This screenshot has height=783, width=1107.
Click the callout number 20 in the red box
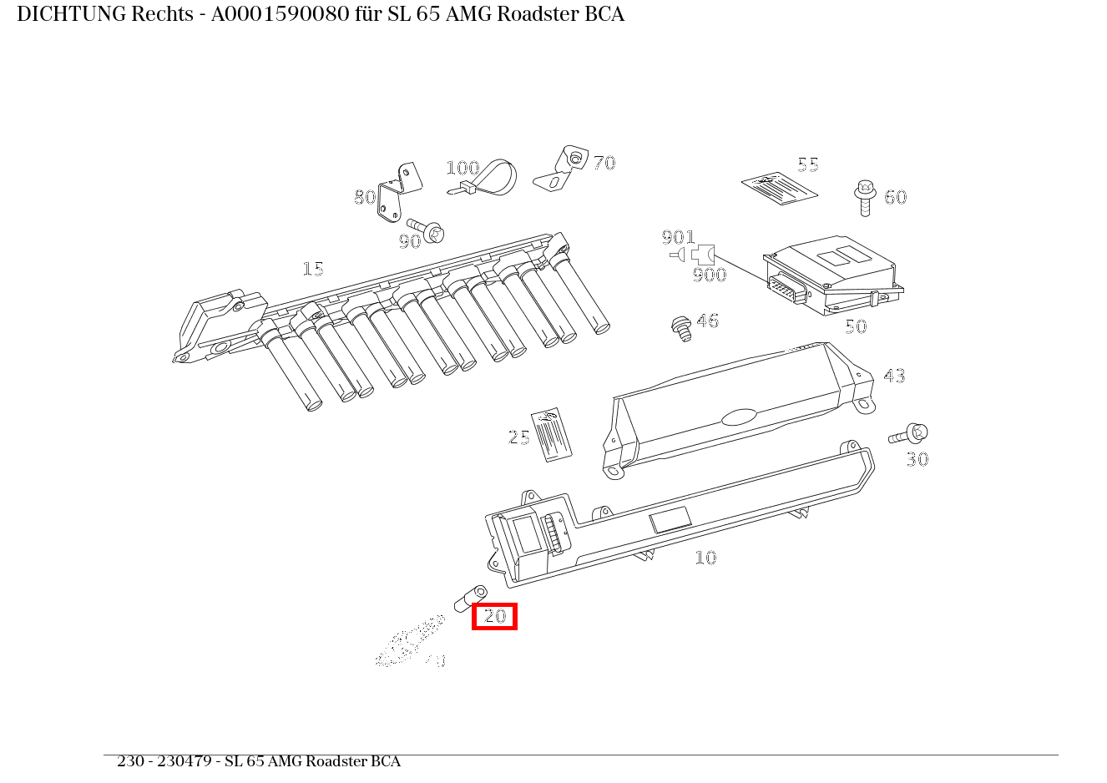pos(495,616)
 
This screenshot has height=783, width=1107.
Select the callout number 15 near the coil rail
pos(313,269)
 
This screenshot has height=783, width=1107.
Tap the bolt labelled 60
pos(865,198)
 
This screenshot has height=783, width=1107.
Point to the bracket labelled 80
pos(395,196)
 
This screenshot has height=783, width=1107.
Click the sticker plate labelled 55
pos(779,189)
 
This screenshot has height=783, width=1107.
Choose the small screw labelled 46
pos(682,327)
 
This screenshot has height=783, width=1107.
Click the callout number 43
pos(894,376)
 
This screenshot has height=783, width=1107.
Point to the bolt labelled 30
pos(910,434)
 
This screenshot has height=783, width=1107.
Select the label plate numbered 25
pos(552,434)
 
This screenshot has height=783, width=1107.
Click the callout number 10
pos(705,558)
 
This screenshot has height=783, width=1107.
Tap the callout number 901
pos(678,238)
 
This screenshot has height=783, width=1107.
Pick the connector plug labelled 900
pos(702,254)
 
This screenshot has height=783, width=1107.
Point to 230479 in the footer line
pos(184,761)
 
